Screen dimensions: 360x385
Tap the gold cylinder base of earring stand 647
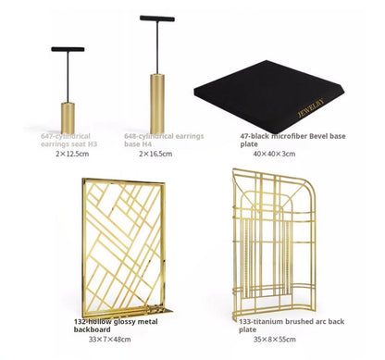[x=68, y=117]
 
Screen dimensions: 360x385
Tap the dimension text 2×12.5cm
[x=71, y=154]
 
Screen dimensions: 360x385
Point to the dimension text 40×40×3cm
[x=273, y=154]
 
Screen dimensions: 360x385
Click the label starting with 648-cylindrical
[x=158, y=140]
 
